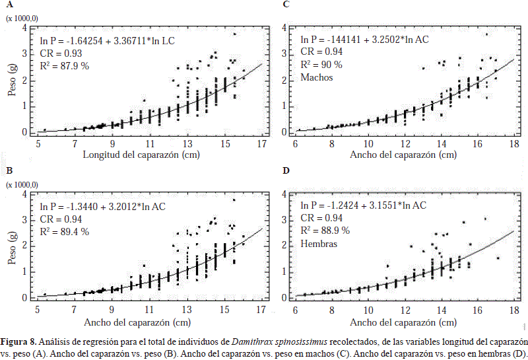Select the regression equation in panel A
click(106, 40)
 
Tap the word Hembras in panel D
click(319, 243)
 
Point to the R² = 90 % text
click(321, 65)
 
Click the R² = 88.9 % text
click(325, 231)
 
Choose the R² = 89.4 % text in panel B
click(65, 231)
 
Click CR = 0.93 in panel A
click(59, 53)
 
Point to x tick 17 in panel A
click(262, 144)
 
